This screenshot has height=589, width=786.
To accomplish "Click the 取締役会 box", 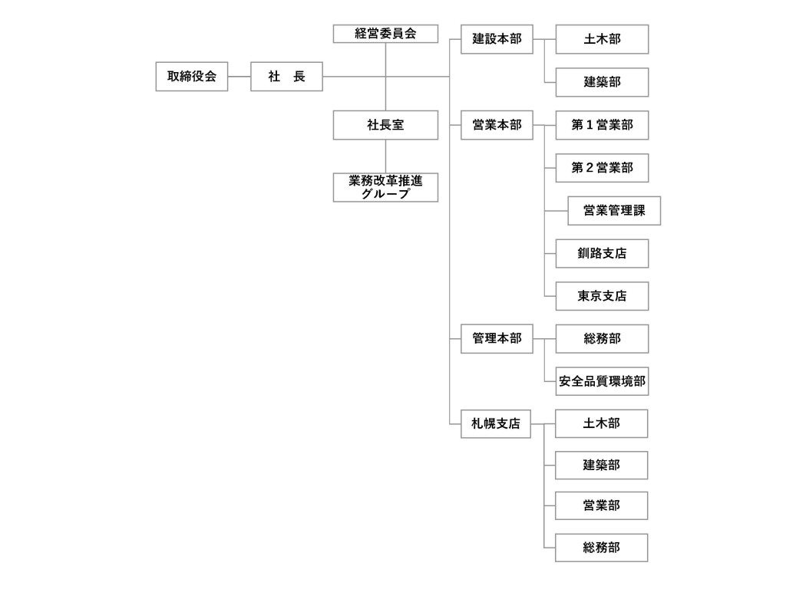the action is click(191, 77).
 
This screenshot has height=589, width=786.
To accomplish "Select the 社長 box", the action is click(286, 77).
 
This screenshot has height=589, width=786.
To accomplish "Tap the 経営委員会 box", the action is click(385, 34).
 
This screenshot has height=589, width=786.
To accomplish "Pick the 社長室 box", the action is click(385, 125).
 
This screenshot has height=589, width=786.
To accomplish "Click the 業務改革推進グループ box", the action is click(385, 187).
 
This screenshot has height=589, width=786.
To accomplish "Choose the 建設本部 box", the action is click(497, 39).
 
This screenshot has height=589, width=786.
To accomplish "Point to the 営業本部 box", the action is click(497, 125).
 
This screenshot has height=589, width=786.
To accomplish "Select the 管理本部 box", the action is click(497, 338).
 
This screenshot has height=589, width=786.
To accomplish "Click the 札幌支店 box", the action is click(496, 423).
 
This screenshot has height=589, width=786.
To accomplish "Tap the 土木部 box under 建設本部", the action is click(602, 39).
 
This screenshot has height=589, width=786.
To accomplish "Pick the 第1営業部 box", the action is click(602, 125).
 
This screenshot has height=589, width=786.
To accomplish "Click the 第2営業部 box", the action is click(602, 168).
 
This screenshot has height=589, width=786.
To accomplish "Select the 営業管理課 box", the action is click(614, 211).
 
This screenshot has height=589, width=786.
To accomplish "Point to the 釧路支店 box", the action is click(602, 253).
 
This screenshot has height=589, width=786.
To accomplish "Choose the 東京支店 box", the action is click(602, 296).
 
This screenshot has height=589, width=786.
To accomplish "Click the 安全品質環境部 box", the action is click(602, 381).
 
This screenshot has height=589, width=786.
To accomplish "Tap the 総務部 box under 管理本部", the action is click(602, 338).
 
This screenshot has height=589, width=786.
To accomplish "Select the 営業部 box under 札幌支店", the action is click(601, 506).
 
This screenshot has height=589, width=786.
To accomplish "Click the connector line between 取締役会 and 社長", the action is click(239, 77).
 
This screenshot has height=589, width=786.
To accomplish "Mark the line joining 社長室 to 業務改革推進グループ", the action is click(385, 156).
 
